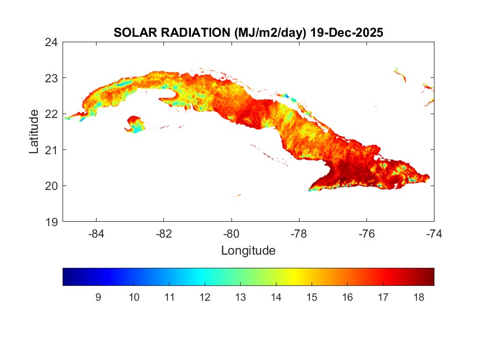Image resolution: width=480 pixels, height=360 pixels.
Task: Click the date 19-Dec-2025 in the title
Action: click(346, 33)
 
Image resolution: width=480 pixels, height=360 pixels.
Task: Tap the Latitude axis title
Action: click(34, 132)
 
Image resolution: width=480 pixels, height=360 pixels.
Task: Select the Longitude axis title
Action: click(248, 251)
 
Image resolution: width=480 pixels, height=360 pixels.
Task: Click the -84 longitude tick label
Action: click(97, 233)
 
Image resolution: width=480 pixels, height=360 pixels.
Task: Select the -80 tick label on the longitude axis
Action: click(232, 233)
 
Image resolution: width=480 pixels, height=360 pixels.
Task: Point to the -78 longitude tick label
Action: click(300, 233)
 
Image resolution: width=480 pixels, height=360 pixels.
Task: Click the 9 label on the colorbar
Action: click(98, 297)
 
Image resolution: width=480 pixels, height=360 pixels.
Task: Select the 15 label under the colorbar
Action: click(312, 297)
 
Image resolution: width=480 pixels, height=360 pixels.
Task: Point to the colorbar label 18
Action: click(419, 297)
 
